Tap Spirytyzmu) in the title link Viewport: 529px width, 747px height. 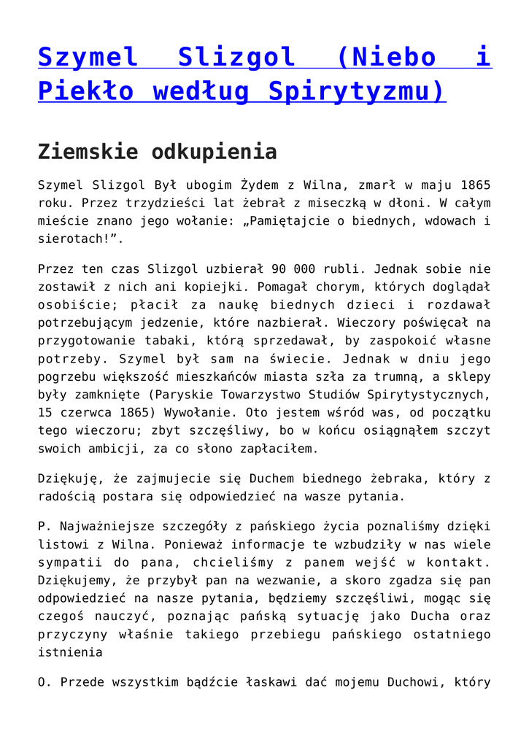[357, 92]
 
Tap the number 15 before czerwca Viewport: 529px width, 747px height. [46, 411]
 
